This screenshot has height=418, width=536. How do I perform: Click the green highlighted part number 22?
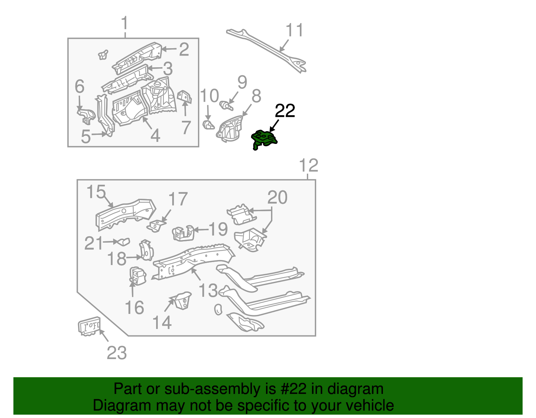[264, 139]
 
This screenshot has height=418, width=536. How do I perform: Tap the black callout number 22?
[285, 111]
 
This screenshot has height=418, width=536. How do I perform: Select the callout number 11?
[294, 30]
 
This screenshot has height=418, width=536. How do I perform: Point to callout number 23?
[117, 353]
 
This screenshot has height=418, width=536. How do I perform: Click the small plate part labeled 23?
[89, 326]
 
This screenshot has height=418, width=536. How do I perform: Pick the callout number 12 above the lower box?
[308, 166]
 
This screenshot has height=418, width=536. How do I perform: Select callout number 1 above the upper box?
[125, 23]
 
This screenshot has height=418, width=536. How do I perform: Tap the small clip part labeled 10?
[208, 126]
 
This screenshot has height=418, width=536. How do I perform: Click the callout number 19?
[218, 229]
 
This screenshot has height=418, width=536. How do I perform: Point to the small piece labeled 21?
[123, 242]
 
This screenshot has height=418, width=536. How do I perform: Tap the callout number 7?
[186, 127]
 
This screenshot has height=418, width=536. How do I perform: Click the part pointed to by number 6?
[86, 115]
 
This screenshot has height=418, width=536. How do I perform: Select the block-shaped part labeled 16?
[137, 276]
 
